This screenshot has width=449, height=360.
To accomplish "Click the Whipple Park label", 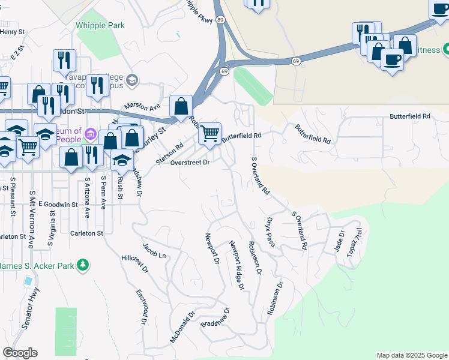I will pos(100,25).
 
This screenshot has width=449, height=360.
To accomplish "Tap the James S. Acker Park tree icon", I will pos(83,265).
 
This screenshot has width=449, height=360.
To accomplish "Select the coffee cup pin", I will pos(393,59).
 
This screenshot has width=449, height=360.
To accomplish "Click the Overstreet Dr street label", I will pos(190,163).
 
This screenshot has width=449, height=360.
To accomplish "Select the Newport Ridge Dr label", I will pos(237,266).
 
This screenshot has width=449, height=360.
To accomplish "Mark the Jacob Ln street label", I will pos(154,250).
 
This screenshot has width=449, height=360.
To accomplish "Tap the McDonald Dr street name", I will pos(183,326).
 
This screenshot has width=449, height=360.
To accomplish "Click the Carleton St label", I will pos(86,233).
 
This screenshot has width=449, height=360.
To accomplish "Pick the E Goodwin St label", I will pos(58,205).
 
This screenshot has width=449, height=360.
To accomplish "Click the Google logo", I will pos(20,353).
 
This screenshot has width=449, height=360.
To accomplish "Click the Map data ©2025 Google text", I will pos(411,355).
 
